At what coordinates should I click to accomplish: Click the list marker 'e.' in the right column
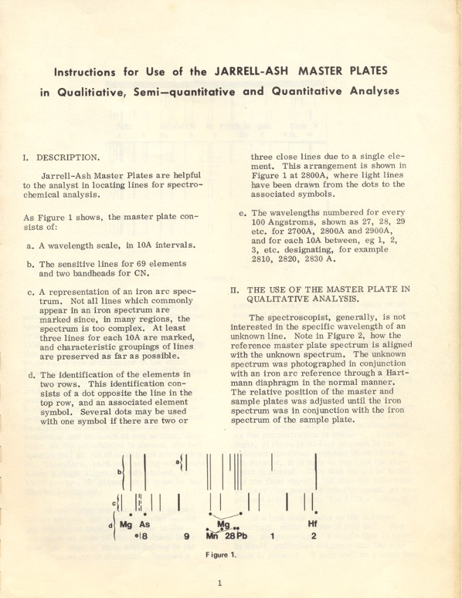243,213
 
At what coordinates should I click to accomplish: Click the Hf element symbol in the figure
313,523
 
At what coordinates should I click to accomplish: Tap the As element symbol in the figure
144,524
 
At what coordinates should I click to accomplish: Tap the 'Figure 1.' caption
220,554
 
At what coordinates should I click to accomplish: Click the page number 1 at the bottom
219,583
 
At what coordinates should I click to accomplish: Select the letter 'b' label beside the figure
119,471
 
